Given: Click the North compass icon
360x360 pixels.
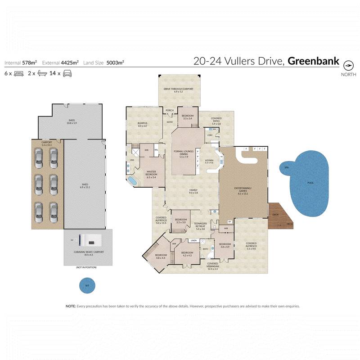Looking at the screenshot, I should click(348, 64).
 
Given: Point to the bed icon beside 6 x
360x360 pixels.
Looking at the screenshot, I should click(18, 73).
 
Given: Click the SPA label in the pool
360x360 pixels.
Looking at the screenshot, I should click(286, 167).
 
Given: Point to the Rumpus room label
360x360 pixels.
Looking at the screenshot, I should click(143, 124).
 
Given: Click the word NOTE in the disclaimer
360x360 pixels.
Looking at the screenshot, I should click(71, 306).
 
